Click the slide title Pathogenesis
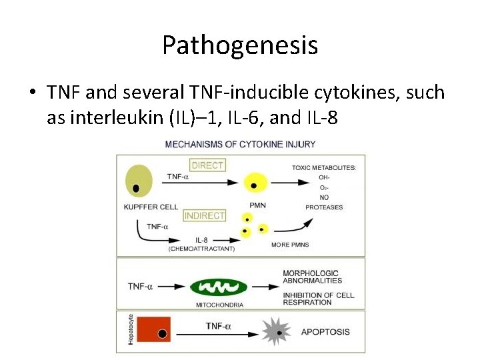(x=239, y=45)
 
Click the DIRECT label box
(x=207, y=165)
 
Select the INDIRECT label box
(x=204, y=215)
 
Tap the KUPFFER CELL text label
(x=151, y=207)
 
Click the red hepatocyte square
(x=154, y=331)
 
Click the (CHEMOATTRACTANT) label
(x=203, y=249)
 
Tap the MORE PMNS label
(x=289, y=245)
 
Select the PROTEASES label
(x=324, y=207)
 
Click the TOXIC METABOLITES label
(x=323, y=167)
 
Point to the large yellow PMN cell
(x=254, y=182)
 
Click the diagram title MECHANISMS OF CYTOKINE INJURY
(x=240, y=143)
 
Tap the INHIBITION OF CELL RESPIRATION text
(x=318, y=299)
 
